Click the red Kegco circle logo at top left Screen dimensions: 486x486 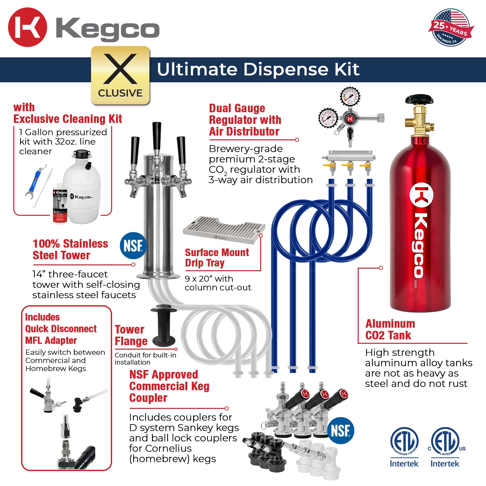(27, 27)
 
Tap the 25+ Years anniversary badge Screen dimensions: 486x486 (451, 28)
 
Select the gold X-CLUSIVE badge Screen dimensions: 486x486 (120, 75)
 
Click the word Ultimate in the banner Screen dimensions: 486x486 (197, 69)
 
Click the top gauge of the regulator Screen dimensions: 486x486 (350, 96)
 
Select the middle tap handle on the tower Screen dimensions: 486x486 (157, 136)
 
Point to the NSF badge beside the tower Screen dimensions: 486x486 (133, 245)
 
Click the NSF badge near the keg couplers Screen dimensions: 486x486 (341, 431)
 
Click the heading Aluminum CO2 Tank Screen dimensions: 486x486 (390, 330)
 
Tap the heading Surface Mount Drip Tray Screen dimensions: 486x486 (217, 258)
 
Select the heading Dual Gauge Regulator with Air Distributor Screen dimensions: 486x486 (245, 120)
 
